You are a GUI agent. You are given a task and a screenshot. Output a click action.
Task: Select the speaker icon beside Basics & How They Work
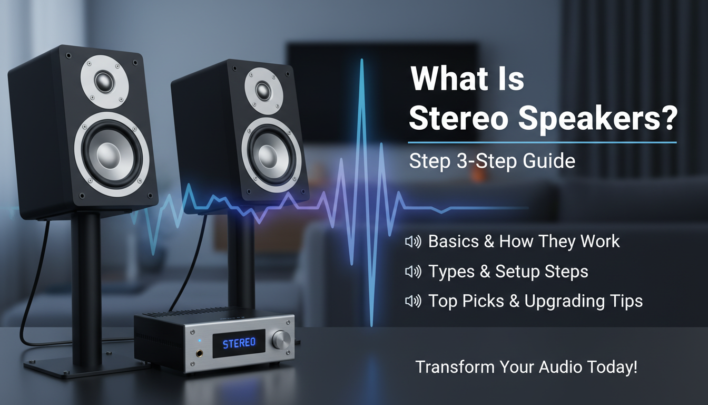[413, 242]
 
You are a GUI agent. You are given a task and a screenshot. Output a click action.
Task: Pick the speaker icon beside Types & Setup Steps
[413, 272]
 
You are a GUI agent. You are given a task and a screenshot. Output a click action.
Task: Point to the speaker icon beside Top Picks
[413, 301]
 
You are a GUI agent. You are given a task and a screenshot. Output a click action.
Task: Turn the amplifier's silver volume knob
[281, 340]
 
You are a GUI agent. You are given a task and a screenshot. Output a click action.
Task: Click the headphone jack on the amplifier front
[201, 352]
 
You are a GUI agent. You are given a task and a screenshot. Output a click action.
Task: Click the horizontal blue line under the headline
[543, 142]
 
